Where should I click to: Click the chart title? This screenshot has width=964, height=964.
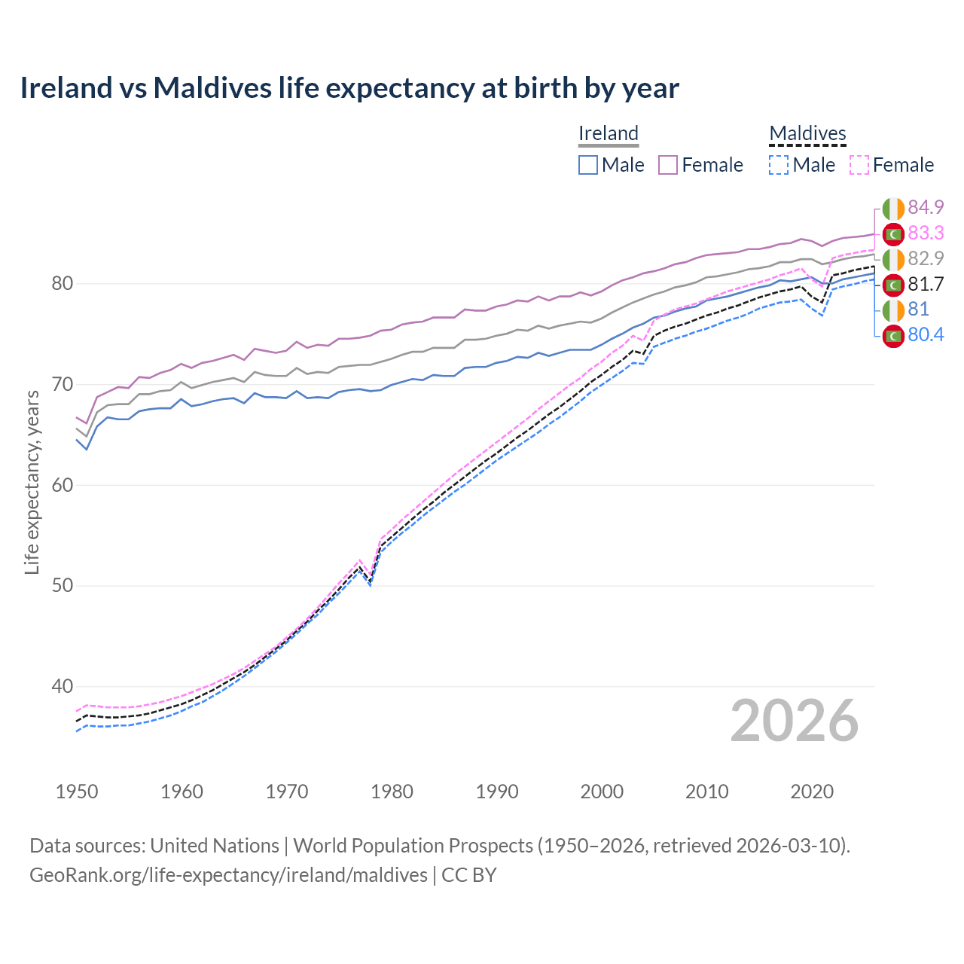click(x=349, y=88)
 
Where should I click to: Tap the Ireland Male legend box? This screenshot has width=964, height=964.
click(x=588, y=165)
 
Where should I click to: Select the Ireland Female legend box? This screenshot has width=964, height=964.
click(x=668, y=165)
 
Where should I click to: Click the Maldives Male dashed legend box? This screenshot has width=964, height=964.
click(x=779, y=165)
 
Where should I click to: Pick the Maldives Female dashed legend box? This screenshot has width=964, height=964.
click(x=859, y=165)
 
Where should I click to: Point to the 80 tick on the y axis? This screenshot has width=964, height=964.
click(x=62, y=284)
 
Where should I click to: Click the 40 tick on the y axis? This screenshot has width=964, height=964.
click(x=62, y=686)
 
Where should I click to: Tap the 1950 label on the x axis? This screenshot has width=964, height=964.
click(x=77, y=792)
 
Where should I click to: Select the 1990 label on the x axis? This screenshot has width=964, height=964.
click(x=497, y=792)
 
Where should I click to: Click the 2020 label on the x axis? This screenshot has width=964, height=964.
click(x=812, y=792)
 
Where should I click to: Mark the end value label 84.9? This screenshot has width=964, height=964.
click(x=926, y=207)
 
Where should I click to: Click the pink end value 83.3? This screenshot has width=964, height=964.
click(x=926, y=233)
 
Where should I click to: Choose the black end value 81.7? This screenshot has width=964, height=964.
click(x=926, y=284)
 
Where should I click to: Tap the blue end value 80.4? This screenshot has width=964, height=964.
click(x=926, y=334)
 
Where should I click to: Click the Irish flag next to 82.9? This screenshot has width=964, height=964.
click(x=893, y=259)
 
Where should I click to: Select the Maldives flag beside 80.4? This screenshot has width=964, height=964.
click(x=893, y=336)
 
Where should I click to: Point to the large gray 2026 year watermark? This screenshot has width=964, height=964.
click(x=795, y=721)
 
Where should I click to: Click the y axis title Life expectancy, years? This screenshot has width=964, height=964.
click(x=32, y=482)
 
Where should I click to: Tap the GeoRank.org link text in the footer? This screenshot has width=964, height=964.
click(x=228, y=875)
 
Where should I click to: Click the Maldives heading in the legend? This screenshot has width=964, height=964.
click(x=807, y=134)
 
